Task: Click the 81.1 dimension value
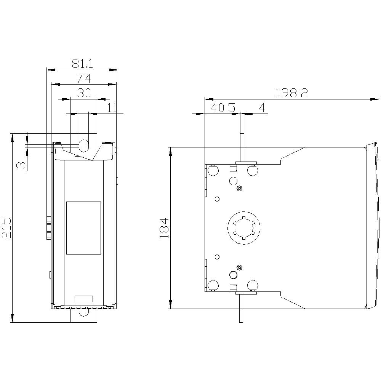tap(82, 63)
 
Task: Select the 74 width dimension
tap(83, 78)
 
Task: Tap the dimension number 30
tap(84, 93)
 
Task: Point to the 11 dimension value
tap(111, 108)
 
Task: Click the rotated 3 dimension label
tap(21, 165)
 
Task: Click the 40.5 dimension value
tap(223, 108)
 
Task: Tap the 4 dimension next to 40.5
tap(262, 108)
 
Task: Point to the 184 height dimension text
tap(164, 228)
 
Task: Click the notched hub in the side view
tap(243, 228)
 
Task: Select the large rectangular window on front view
tap(83, 228)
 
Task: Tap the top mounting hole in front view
tap(83, 145)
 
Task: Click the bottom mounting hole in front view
tap(83, 312)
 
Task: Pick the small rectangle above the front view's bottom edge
tap(83, 299)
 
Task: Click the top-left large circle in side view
tap(213, 170)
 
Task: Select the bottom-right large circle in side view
tap(252, 285)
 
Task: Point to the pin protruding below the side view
tap(241, 309)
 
